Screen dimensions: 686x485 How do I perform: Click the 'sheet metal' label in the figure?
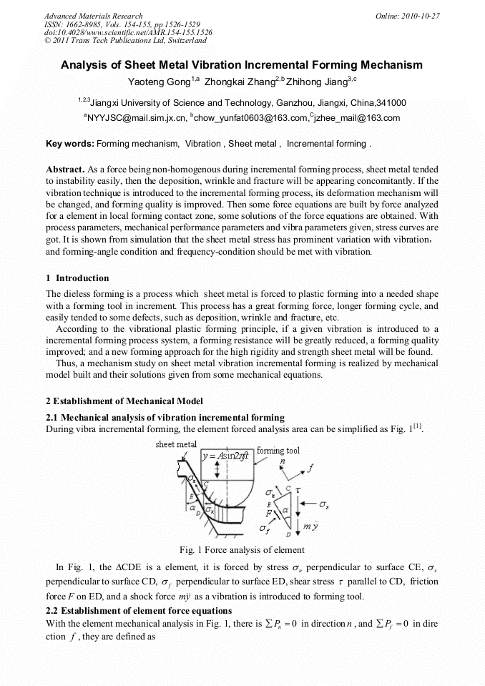[x=175, y=444]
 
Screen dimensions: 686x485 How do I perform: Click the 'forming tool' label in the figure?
[x=278, y=451]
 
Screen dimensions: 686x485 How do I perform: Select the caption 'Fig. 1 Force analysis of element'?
[x=242, y=550]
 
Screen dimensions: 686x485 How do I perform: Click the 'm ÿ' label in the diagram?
[x=310, y=526]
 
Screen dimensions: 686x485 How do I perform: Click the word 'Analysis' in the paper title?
[x=84, y=65]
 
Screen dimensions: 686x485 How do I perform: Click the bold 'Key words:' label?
[x=69, y=144]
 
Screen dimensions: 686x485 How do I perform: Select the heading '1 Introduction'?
[x=77, y=278]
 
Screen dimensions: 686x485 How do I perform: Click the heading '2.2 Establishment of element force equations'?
[x=139, y=610]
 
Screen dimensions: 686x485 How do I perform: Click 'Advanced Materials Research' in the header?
[x=93, y=15]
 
